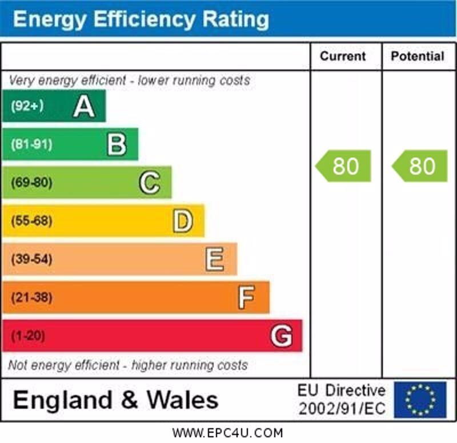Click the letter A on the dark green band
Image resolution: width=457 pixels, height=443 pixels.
tap(84, 106)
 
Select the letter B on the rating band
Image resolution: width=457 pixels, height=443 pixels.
tap(117, 144)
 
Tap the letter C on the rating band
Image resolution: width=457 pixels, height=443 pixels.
tap(150, 183)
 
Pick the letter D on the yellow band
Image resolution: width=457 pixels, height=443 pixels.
tap(183, 221)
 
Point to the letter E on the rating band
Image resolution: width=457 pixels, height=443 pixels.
tap(215, 260)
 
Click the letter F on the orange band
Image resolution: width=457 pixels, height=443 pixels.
tap(246, 297)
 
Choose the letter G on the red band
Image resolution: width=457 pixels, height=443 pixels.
tap(281, 336)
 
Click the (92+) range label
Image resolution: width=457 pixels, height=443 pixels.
tap(27, 106)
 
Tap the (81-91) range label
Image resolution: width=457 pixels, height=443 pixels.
tap(31, 144)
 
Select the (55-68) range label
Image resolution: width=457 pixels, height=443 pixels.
tap(31, 221)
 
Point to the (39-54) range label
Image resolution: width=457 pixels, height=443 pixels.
tap(31, 260)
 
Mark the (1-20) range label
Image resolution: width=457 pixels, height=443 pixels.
tap(28, 336)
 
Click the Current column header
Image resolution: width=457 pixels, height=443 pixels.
tap(343, 56)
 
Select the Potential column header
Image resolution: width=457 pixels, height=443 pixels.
tap(418, 56)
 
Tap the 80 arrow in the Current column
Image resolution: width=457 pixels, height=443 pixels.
tap(344, 166)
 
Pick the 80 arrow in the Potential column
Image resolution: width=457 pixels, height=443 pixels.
tap(420, 166)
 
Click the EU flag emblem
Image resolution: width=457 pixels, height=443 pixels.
tap(420, 400)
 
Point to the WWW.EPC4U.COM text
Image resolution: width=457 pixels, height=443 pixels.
tap(227, 433)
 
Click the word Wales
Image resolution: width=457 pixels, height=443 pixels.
tap(183, 400)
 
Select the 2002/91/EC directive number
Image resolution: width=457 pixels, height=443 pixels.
tap(342, 409)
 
